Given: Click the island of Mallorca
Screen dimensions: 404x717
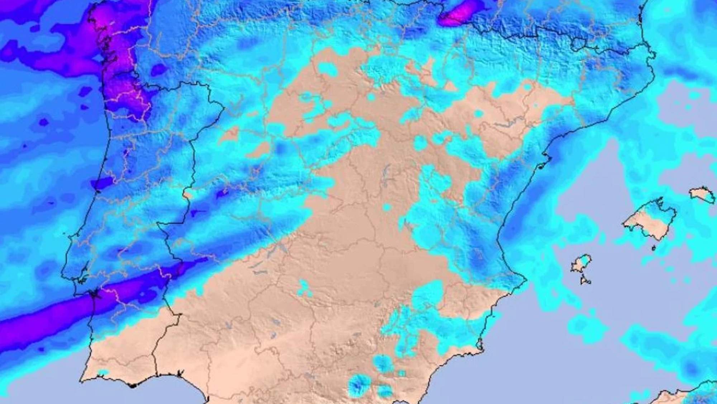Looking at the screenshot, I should [649, 221].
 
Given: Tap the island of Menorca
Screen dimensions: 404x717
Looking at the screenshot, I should [703, 195].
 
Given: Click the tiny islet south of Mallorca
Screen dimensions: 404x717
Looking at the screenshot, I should [653, 248].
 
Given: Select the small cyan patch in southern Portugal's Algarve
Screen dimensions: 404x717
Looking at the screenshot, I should [103, 373].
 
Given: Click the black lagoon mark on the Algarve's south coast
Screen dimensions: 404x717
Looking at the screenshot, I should [133, 386].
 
